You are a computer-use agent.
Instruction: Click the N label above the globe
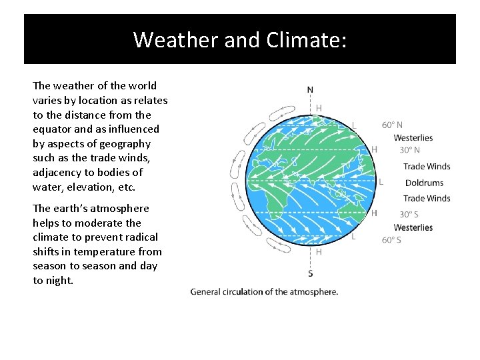click(x=311, y=90)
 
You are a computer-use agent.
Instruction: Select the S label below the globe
click(x=311, y=273)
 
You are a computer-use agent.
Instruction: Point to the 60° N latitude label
click(x=392, y=125)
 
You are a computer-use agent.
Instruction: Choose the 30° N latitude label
click(x=409, y=150)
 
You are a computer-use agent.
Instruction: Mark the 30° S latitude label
click(x=409, y=214)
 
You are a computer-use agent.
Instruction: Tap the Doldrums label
click(x=424, y=183)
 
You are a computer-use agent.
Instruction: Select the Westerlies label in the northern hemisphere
click(x=413, y=137)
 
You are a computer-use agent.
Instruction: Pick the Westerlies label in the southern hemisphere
click(x=413, y=227)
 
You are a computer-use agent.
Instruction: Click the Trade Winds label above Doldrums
click(x=427, y=167)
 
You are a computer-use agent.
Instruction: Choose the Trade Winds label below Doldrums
click(x=427, y=198)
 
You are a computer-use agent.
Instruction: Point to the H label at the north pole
click(x=319, y=107)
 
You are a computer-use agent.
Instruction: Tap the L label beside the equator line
click(x=381, y=181)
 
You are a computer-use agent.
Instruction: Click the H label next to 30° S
click(x=374, y=213)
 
